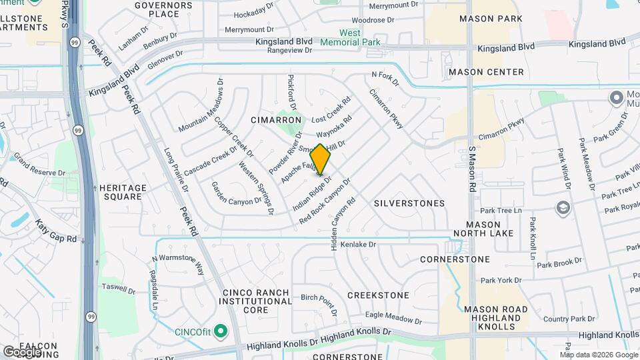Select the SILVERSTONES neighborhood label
pos(409,203)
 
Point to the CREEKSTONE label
pos(378,295)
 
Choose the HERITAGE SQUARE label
pos(121,192)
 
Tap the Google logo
pos(22,351)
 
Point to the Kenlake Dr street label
pos(359,245)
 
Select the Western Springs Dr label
pos(256,189)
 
